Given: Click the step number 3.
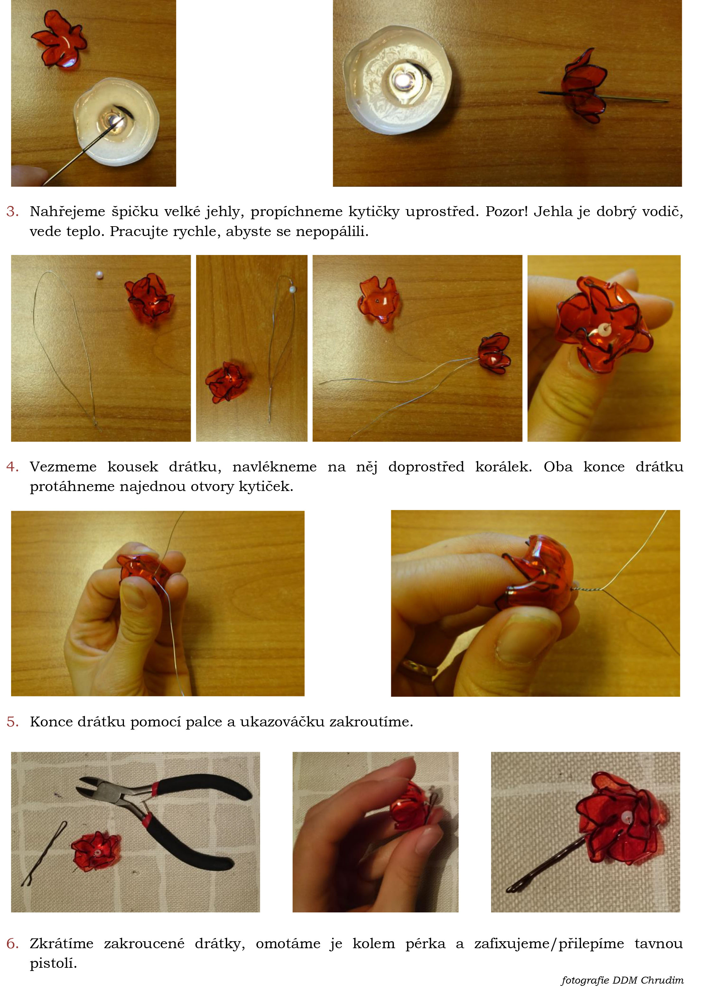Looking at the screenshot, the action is point(12,211).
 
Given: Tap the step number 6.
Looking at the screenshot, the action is point(12,943).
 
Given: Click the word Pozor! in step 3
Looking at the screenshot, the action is point(506,211).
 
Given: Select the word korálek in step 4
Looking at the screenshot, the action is point(503,467).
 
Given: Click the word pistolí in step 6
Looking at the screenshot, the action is point(53,963).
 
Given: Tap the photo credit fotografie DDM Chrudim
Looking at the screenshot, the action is point(622,980).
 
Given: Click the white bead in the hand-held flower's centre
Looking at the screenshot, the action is point(604,329).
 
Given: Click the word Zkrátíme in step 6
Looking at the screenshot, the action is point(61,943).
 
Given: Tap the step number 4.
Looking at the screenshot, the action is point(12,467).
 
